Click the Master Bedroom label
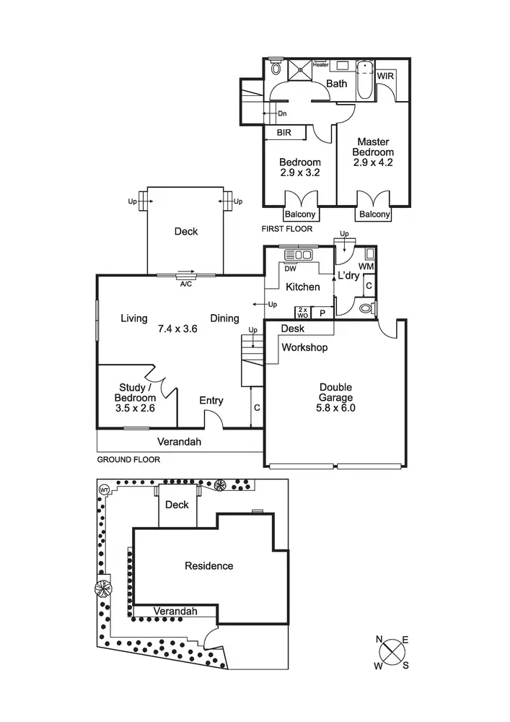pos(373,147)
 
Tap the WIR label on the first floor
pos(385,75)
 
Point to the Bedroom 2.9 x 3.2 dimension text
pos(300,173)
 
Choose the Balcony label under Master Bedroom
pos(374,214)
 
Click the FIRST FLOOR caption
pos(287,229)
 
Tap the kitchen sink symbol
pos(298,254)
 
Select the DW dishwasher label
pos(291,269)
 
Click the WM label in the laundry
pos(366,267)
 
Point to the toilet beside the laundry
pos(366,308)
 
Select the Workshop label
pos(304,348)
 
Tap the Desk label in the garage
pos(293,329)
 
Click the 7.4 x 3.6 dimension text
pos(178,328)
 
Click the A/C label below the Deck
pos(185,283)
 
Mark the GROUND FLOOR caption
pos(128,459)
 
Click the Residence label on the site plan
pos(208,566)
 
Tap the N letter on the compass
pos(379,639)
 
